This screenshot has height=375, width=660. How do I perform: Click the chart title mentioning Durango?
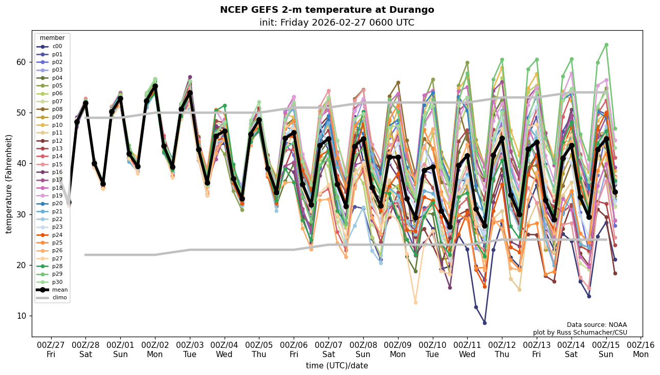tap(327, 10)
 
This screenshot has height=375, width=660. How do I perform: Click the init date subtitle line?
tap(337, 23)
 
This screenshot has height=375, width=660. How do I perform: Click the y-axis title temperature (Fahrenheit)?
tap(9, 184)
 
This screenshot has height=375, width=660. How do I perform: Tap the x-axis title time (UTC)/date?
tap(337, 366)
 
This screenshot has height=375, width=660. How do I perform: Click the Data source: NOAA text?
tap(597, 325)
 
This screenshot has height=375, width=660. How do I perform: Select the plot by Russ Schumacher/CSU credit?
tap(580, 333)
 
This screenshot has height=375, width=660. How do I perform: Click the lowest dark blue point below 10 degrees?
tap(485, 323)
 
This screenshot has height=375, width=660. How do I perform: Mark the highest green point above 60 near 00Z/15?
tap(606, 45)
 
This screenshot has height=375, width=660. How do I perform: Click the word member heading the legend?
tap(52, 38)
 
